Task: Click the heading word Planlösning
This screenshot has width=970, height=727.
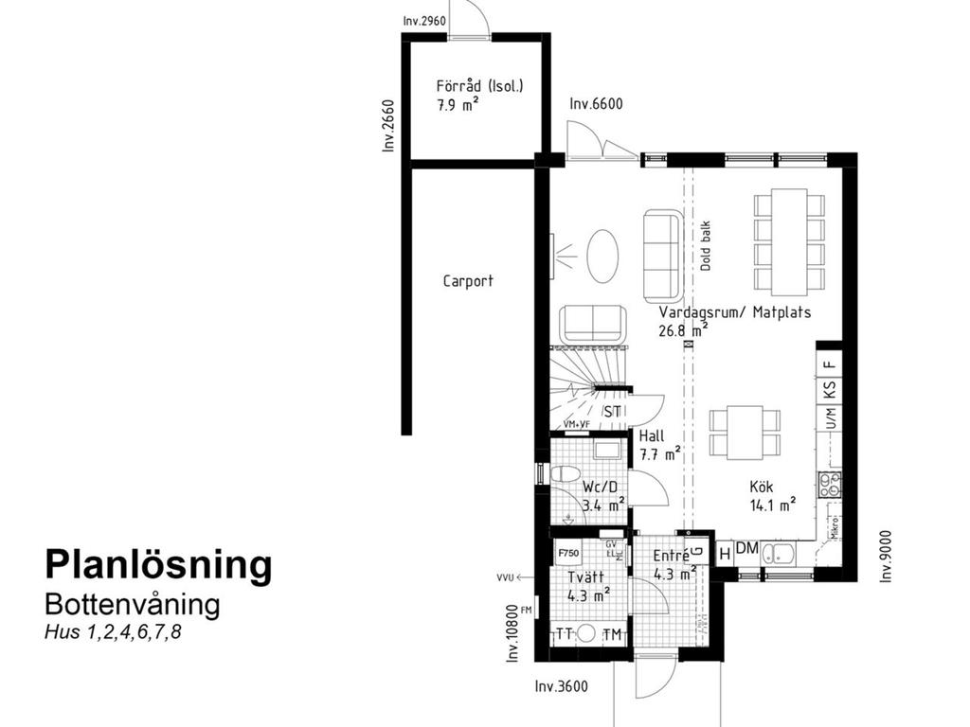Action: [158, 565]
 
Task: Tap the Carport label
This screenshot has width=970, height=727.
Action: [468, 281]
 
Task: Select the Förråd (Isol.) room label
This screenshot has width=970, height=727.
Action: [479, 86]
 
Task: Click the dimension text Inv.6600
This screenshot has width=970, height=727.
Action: [596, 105]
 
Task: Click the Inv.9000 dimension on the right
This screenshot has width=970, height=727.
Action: [886, 555]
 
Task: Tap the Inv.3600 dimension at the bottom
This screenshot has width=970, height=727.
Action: [562, 687]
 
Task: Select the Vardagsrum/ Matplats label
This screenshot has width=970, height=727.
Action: [735, 312]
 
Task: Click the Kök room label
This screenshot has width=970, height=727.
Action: [763, 486]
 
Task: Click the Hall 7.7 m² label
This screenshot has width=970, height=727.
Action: [652, 436]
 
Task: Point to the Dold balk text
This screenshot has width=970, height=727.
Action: [705, 247]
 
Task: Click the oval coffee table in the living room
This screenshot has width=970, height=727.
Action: [603, 256]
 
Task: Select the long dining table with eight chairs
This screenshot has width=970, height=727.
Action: [788, 242]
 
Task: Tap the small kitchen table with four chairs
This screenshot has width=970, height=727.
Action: [745, 432]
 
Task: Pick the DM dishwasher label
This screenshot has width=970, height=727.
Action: [746, 549]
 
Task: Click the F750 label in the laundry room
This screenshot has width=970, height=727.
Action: [568, 553]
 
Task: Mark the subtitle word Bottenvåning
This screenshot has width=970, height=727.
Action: [132, 604]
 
